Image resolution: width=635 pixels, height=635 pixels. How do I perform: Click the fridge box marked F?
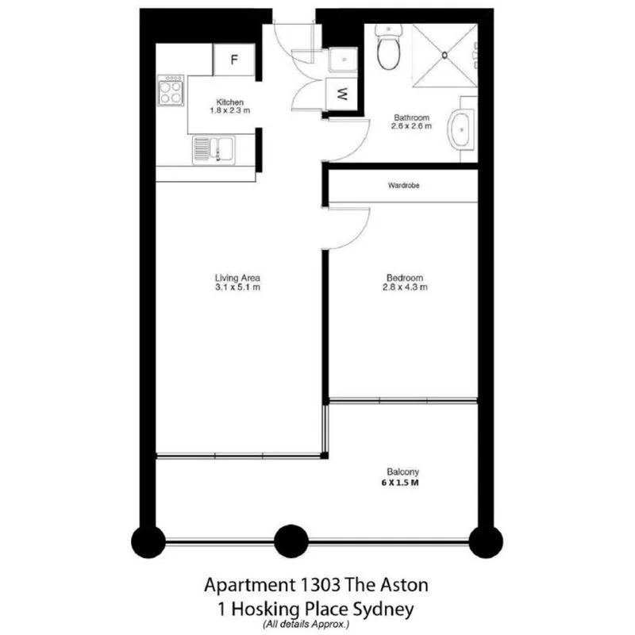[234, 60]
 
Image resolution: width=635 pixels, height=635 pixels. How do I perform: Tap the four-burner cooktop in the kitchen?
[171, 90]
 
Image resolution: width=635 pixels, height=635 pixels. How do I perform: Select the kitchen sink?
[213, 148]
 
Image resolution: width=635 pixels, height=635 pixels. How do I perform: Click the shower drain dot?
[445, 55]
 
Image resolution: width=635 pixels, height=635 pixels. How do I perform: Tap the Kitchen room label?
[230, 102]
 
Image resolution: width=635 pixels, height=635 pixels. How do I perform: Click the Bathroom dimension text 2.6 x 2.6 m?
[413, 126]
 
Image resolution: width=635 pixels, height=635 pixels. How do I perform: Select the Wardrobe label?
[403, 185]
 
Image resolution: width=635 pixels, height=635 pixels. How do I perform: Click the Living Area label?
[237, 278]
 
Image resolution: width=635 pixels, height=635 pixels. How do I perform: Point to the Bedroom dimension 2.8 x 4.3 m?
[405, 287]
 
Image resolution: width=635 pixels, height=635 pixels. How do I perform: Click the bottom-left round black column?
[148, 542]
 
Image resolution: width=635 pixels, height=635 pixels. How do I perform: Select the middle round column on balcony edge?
[291, 542]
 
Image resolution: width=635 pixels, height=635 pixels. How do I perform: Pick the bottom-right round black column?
[486, 542]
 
